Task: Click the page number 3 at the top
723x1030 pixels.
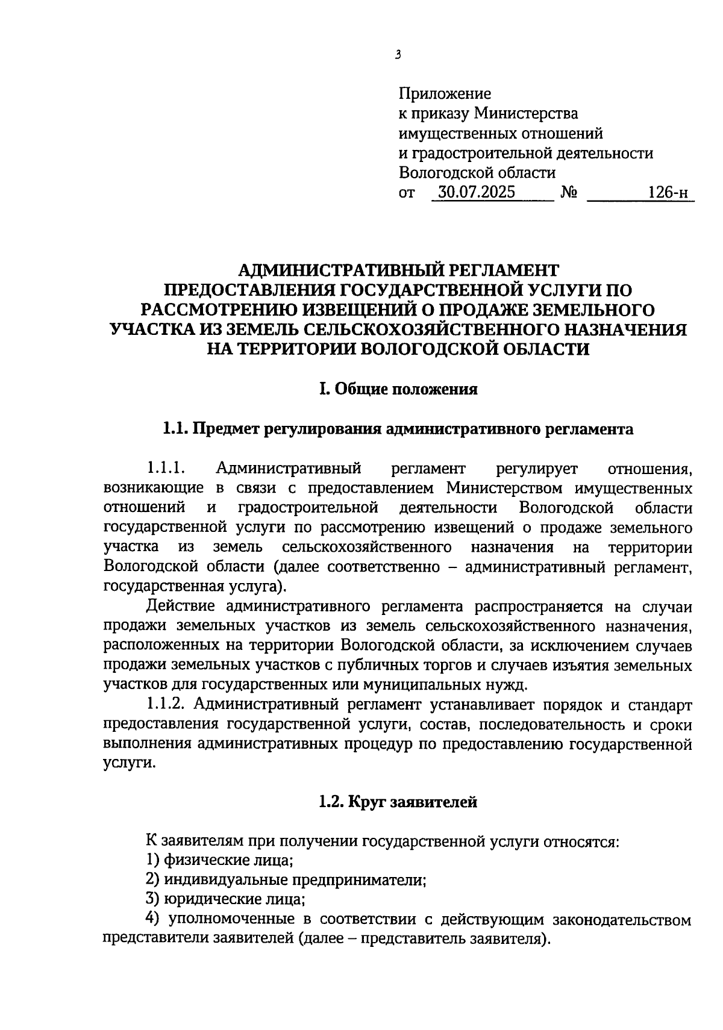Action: pos(398,55)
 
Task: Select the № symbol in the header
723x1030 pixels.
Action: pos(569,193)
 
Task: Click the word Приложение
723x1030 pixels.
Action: pos(445,93)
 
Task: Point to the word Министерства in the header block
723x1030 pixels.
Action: pos(526,113)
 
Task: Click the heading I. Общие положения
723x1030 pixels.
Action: pos(398,389)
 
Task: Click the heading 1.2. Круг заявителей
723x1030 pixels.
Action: pos(398,802)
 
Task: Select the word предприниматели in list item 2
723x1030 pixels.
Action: pos(360,880)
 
